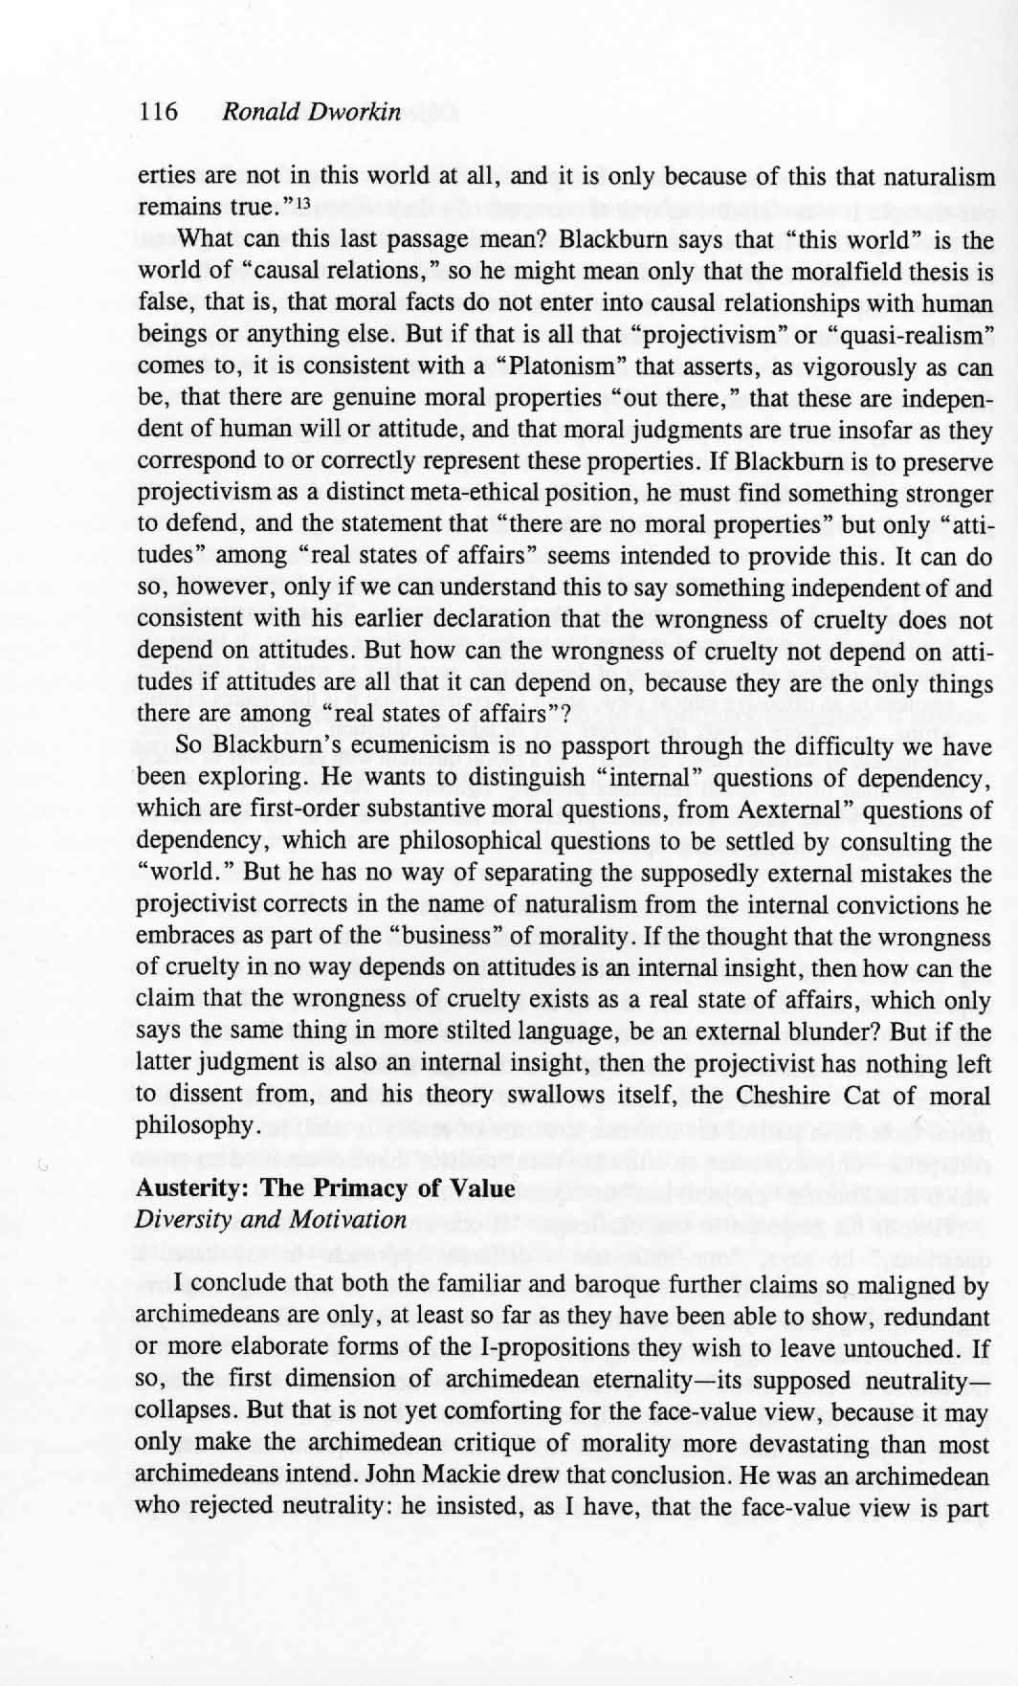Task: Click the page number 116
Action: click(x=159, y=112)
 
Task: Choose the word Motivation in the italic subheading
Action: click(x=346, y=1220)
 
